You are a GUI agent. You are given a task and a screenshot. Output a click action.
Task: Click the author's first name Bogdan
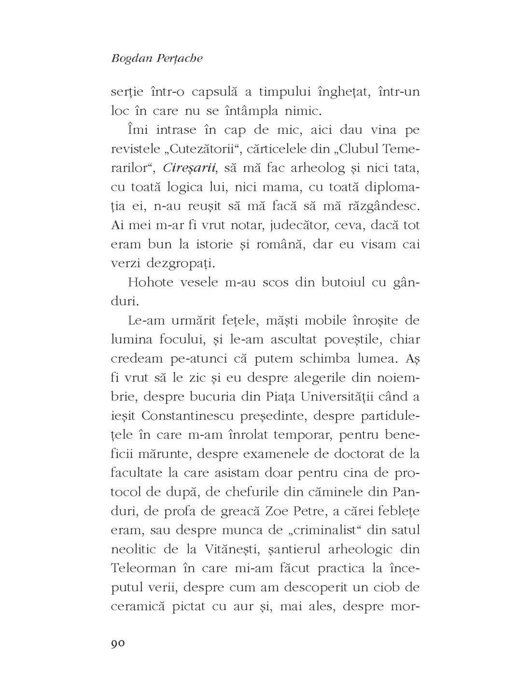pyautogui.click(x=129, y=58)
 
